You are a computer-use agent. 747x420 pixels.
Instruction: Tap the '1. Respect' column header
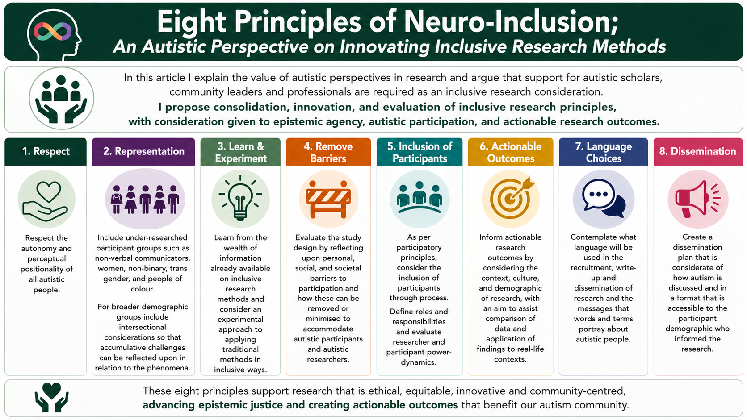[46, 152]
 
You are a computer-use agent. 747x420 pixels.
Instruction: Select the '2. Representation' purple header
[143, 152]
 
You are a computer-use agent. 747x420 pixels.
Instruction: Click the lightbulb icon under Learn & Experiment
[240, 198]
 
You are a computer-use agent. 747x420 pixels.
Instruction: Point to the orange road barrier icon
[328, 199]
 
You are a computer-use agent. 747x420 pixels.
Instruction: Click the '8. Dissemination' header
[697, 152]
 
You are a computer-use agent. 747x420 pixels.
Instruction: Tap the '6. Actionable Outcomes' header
[511, 152]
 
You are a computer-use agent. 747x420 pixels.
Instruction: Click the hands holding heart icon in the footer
[52, 397]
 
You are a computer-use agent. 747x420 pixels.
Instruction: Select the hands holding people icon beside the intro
[61, 99]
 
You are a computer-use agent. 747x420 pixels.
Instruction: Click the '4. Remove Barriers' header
[328, 152]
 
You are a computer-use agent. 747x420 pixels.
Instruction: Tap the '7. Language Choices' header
[603, 152]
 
